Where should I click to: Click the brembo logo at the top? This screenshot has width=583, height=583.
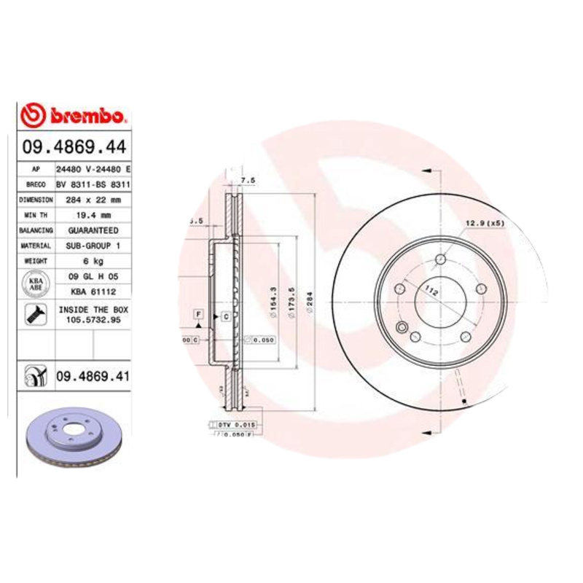74,115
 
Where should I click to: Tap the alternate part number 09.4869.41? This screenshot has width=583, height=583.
92,377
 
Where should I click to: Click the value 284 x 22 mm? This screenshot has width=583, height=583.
92,199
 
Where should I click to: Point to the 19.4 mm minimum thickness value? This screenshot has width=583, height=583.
92,215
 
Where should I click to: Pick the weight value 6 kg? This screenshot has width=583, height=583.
92,260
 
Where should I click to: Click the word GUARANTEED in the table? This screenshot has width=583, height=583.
92,230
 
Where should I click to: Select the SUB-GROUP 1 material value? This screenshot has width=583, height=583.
92,246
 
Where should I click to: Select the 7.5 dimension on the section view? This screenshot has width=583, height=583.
248,180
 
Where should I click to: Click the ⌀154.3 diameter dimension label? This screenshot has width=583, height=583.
273,299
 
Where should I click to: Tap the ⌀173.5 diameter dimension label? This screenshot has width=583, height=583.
291,299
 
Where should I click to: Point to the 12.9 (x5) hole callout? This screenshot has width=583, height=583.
484,223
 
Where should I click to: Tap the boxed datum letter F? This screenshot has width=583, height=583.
197,313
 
